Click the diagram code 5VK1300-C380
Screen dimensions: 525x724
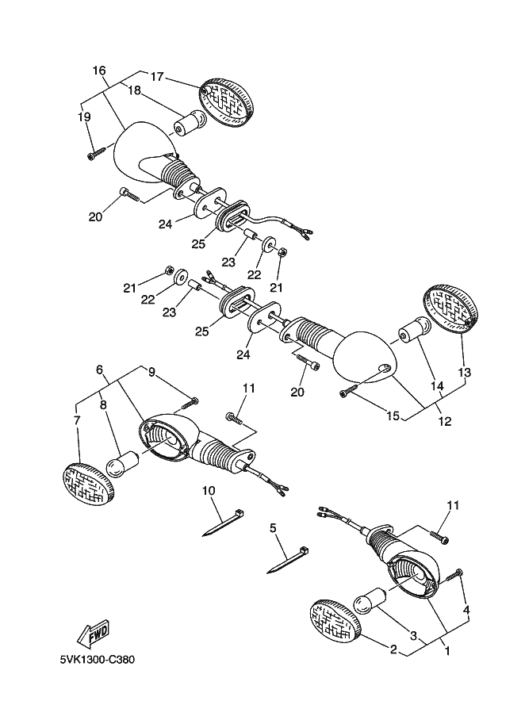coord(97,659)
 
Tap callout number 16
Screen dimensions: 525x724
coord(99,71)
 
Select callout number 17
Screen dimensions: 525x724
coord(157,77)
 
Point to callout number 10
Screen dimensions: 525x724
coord(209,491)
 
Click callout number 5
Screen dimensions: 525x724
coord(273,528)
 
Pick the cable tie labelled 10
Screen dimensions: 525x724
coord(224,523)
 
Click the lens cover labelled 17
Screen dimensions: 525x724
coord(227,104)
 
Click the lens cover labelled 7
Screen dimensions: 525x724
coord(88,484)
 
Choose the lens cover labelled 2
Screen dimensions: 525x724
coord(335,621)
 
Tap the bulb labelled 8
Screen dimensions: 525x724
coord(123,463)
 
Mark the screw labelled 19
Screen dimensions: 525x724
coord(97,154)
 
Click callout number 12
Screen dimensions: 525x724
coord(445,421)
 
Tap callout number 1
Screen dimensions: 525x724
coord(447,651)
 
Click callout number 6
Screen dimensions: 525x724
coord(99,370)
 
